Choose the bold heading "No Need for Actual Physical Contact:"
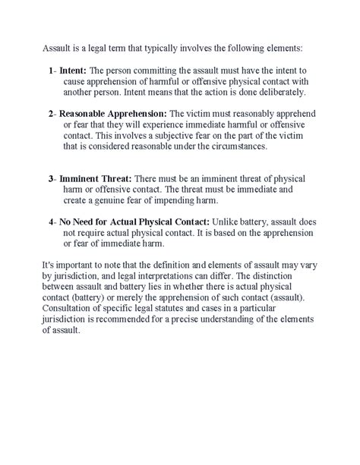click(x=135, y=222)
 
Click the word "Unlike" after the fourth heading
click(x=231, y=222)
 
